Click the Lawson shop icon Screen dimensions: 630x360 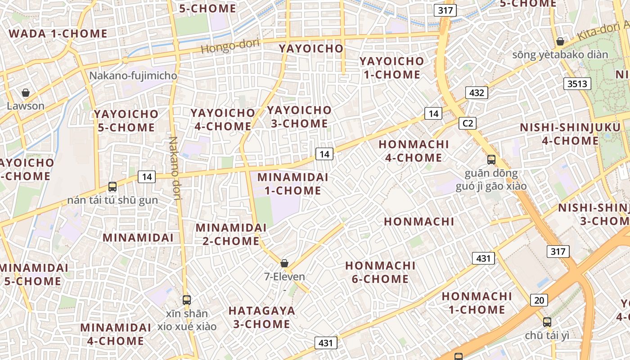26,93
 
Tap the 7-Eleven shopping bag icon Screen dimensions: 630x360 284,263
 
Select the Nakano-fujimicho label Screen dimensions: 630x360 133,76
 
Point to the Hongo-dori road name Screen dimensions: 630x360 230,45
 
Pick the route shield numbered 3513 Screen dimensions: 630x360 577,83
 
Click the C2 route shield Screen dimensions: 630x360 468,123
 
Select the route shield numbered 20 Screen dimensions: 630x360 539,300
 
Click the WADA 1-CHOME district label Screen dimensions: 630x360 58,34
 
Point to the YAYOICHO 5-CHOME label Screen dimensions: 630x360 126,121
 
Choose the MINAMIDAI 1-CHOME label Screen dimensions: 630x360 292,184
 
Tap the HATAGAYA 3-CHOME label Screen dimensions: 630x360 261,317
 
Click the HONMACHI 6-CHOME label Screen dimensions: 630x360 380,272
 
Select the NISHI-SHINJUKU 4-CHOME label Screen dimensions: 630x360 570,134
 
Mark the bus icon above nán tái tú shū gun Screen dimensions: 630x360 112,186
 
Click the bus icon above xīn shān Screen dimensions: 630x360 187,300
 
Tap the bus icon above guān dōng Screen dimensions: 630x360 491,159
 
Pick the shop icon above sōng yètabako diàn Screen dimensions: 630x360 560,41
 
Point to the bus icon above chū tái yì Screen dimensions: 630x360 547,322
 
